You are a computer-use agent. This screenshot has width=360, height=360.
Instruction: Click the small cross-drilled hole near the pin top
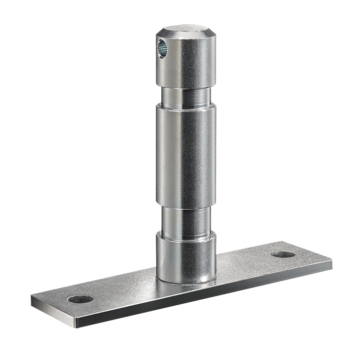pos(162,48)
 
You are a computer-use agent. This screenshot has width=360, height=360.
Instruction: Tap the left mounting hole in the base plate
pos(80,299)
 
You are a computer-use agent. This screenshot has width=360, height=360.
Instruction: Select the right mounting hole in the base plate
pos(284,254)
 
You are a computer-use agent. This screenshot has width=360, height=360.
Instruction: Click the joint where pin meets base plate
pos(185,283)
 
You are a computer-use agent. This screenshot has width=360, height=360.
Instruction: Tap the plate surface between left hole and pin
pos(123,291)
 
